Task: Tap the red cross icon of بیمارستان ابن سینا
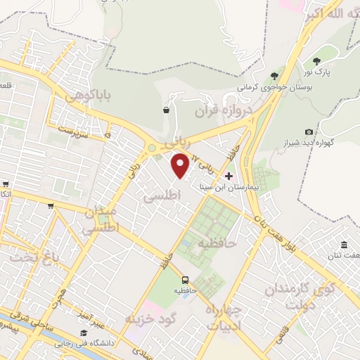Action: point(228,175)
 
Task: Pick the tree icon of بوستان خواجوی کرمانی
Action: point(274,75)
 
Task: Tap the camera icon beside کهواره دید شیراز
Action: point(309,131)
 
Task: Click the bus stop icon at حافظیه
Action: point(186,278)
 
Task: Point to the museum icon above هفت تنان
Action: point(344,245)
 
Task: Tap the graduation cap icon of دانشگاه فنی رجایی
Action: point(84,333)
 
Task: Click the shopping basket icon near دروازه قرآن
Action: point(166,110)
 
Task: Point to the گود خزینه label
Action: point(148,316)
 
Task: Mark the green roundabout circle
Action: point(152,148)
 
